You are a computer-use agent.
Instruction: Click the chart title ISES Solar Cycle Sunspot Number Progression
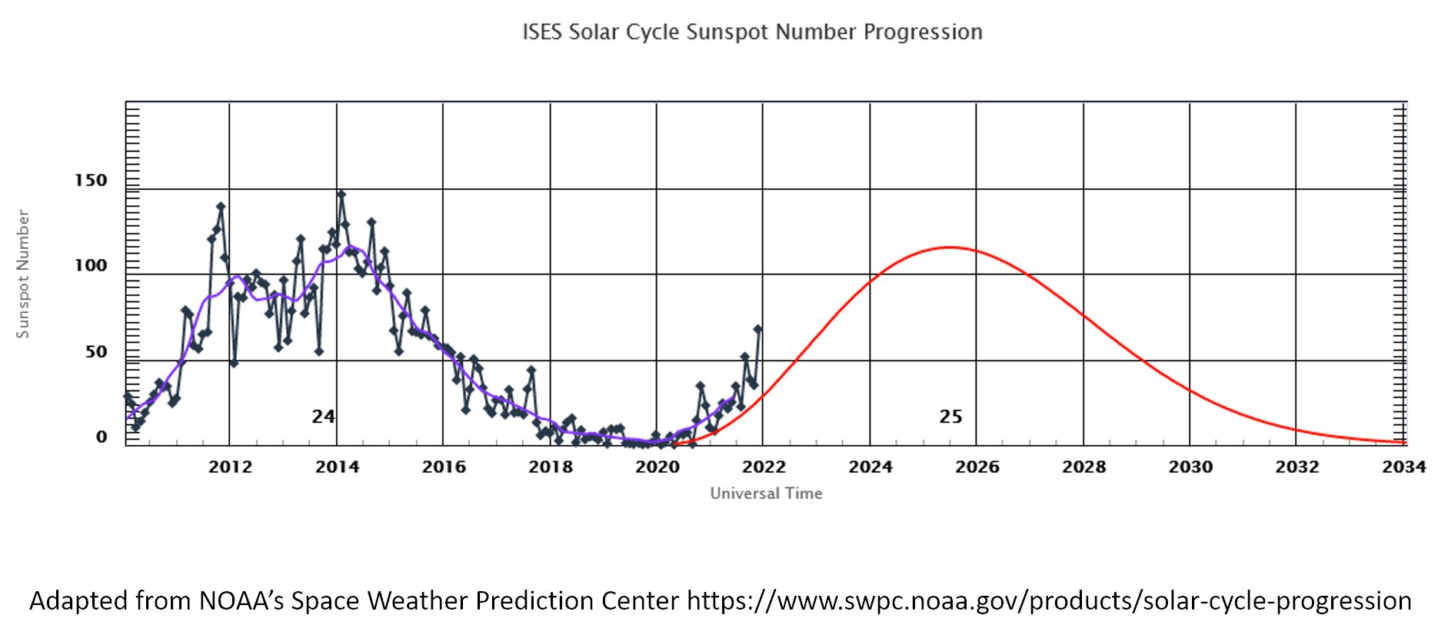pos(752,32)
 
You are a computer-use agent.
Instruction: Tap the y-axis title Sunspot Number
pos(23,274)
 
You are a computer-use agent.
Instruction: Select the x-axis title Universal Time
pos(766,494)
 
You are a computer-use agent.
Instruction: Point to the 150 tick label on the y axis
pos(91,181)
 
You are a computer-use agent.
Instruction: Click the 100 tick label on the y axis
pos(91,266)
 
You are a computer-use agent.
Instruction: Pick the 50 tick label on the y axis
pos(96,352)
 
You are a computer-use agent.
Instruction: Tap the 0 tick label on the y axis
pos(102,437)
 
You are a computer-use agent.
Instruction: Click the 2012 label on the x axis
pos(230,467)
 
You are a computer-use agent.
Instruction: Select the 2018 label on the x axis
pos(550,467)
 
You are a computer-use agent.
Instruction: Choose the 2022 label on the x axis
pos(764,467)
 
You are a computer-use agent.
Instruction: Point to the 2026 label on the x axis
pos(977,467)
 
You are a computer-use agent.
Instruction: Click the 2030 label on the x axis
pos(1190,467)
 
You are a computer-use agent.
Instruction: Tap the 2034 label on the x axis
pos(1403,467)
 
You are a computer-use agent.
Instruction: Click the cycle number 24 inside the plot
pos(323,417)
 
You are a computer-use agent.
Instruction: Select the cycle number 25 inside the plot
pos(950,417)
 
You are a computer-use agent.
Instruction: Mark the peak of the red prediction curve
pos(950,247)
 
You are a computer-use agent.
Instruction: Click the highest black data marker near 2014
pos(341,194)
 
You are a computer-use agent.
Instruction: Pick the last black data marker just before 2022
pos(757,329)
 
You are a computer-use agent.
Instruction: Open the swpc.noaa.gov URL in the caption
pos(1049,600)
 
